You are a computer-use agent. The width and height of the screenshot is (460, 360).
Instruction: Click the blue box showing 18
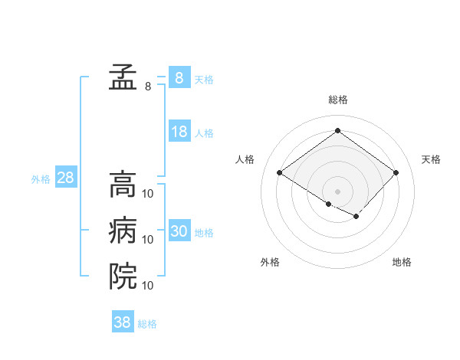click(x=179, y=132)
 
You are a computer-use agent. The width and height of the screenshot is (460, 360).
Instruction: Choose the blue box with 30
click(x=179, y=231)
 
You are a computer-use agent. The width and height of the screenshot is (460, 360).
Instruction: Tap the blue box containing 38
click(x=123, y=322)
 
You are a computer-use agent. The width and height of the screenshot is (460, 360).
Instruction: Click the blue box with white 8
click(x=179, y=78)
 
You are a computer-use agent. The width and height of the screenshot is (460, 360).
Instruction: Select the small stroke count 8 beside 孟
click(x=148, y=87)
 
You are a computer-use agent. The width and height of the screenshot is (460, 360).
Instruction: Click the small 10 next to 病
click(x=148, y=240)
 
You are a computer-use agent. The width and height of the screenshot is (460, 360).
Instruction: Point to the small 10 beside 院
click(x=148, y=286)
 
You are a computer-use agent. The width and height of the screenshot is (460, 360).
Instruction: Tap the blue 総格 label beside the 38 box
click(x=147, y=324)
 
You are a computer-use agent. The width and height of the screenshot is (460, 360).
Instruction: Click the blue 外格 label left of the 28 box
click(x=41, y=179)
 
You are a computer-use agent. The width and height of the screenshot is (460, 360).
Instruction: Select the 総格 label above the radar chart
click(x=337, y=100)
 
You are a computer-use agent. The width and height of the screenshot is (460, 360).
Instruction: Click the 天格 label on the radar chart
click(x=431, y=159)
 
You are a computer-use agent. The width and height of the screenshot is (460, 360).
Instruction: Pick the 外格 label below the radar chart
click(x=270, y=262)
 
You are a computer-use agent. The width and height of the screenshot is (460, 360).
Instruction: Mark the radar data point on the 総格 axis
click(x=337, y=130)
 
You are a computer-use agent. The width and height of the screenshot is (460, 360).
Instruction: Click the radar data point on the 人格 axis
click(x=280, y=172)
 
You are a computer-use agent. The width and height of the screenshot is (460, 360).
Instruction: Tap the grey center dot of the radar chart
click(x=337, y=190)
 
